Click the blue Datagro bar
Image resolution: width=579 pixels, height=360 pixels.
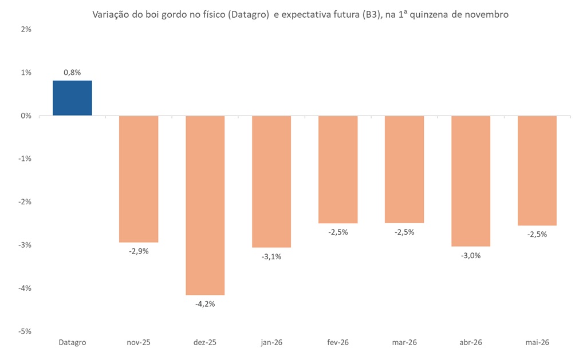[x=72, y=98]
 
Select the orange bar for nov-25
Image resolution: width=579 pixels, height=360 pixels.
[x=139, y=179]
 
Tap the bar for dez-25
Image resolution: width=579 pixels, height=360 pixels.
[x=205, y=205]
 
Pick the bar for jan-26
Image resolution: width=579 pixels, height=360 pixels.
[x=271, y=181]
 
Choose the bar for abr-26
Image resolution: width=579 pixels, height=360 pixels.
[x=471, y=181]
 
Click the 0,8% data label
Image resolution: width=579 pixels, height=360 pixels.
[x=72, y=72]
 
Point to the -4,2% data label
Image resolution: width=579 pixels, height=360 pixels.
[x=205, y=304]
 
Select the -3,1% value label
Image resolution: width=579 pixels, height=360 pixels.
[x=271, y=256]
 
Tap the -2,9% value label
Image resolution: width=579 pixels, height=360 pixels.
[x=139, y=251]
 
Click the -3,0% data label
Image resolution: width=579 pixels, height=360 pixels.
[x=471, y=255]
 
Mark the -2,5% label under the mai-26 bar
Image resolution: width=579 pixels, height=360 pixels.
[x=537, y=234]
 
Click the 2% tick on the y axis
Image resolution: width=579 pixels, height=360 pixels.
[x=26, y=29]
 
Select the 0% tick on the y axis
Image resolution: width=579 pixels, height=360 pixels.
[x=26, y=116]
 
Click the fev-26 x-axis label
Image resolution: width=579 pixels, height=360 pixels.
[x=338, y=342]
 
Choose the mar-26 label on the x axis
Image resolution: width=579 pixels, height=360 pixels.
[x=404, y=342]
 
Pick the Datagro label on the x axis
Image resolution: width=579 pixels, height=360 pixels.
[x=72, y=342]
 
